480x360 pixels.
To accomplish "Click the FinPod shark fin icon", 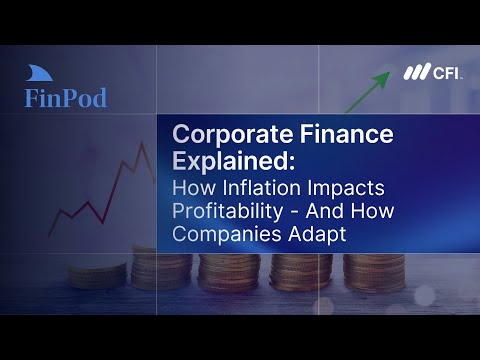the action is [x=39, y=73].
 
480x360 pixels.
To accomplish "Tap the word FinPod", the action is [x=66, y=98].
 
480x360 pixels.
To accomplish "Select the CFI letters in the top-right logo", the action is [x=447, y=72].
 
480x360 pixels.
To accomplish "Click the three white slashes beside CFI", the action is [x=417, y=72].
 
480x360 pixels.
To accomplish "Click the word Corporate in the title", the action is [x=233, y=134].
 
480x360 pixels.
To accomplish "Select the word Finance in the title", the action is [x=347, y=134].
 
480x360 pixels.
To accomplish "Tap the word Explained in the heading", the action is [x=229, y=161].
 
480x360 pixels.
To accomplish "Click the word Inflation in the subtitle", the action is [x=262, y=188].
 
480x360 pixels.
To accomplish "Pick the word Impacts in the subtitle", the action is [x=346, y=189].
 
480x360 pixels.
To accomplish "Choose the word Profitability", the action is [x=228, y=212].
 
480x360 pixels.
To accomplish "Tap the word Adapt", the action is [x=317, y=234].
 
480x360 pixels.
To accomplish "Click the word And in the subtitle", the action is [x=325, y=211].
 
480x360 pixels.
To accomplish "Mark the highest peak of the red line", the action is [x=142, y=143].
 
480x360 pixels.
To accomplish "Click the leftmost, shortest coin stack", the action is [x=97, y=275].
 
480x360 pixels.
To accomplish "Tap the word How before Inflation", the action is [x=194, y=188].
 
